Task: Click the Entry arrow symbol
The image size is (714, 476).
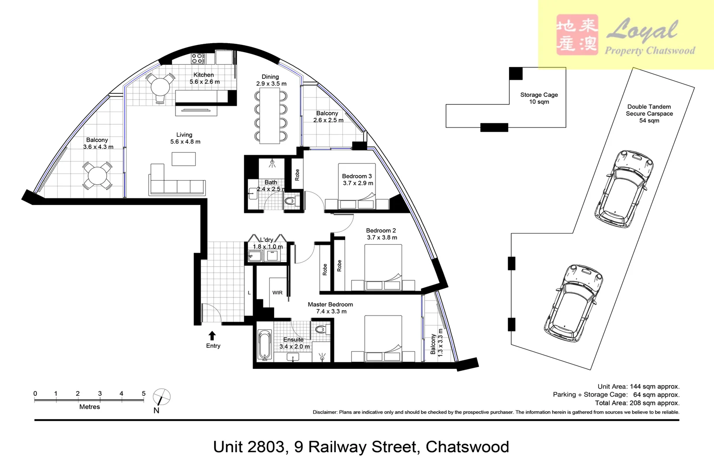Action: tap(212, 336)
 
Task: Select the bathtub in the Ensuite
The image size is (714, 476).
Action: tap(264, 345)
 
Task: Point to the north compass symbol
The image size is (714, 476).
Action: tap(161, 397)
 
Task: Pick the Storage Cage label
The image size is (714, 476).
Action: tap(539, 98)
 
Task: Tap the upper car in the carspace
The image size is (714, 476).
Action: tap(624, 188)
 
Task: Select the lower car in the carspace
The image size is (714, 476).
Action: tap(573, 303)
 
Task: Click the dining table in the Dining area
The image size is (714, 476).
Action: tap(270, 115)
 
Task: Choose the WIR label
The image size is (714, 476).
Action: tap(277, 293)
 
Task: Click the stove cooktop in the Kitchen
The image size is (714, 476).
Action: tap(197, 58)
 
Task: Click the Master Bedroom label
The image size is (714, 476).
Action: tap(330, 305)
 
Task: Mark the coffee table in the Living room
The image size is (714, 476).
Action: tap(183, 159)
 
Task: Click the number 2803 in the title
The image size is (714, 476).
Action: tap(266, 447)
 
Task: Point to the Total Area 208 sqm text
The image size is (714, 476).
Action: tap(637, 403)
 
